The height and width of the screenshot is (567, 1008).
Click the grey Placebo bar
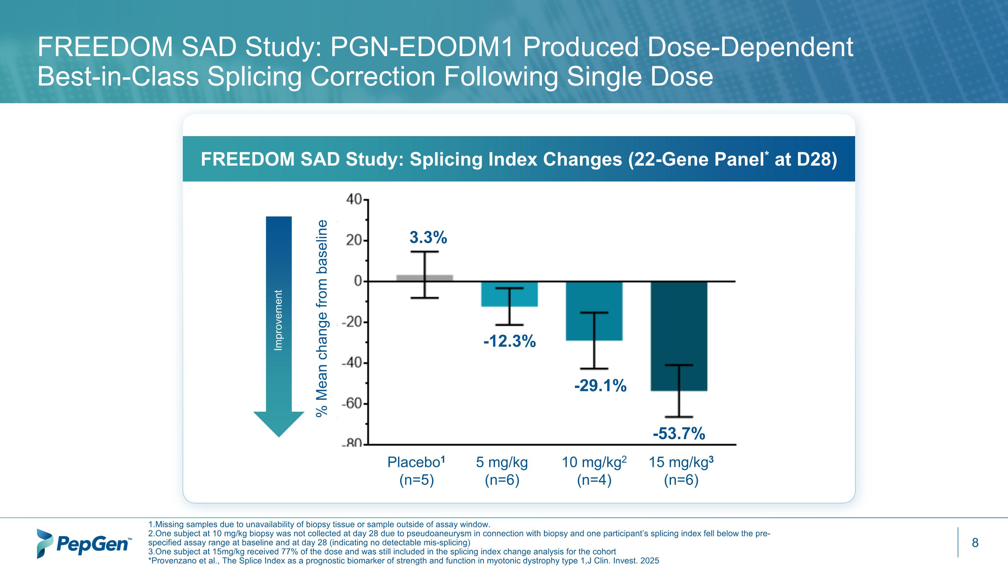click(407, 278)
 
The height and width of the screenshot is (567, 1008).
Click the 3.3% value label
click(428, 238)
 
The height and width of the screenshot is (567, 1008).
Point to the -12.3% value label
click(509, 341)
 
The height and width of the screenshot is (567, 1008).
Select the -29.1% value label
click(600, 386)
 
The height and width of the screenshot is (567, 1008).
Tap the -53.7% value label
click(679, 434)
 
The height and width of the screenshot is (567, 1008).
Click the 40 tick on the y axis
click(354, 200)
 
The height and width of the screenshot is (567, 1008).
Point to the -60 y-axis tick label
click(352, 403)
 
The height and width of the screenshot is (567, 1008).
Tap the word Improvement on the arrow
click(278, 320)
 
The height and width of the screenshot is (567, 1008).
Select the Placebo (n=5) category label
click(416, 471)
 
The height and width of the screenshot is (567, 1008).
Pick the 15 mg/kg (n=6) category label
click(681, 471)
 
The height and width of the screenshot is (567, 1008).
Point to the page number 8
click(975, 543)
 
